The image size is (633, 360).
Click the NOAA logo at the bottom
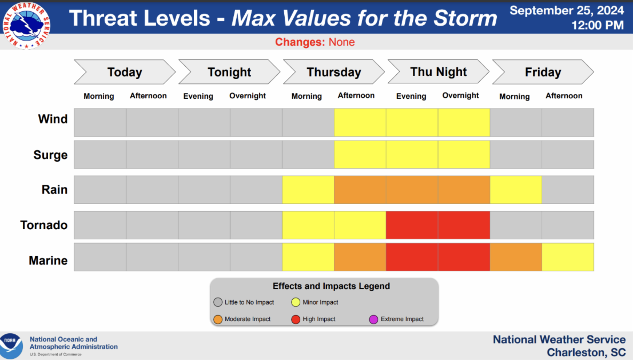(x=11, y=346)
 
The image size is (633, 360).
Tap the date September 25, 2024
(x=567, y=11)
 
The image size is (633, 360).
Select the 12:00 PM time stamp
(x=597, y=25)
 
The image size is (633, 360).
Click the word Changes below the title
(x=300, y=42)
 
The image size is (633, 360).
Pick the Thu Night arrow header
(x=438, y=72)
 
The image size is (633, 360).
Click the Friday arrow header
(x=542, y=72)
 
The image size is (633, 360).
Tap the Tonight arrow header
(x=229, y=72)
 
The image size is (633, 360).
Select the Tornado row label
(x=44, y=225)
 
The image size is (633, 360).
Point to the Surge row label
(x=50, y=155)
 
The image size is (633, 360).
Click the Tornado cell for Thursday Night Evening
(x=412, y=225)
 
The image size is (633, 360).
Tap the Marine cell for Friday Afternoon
(x=568, y=257)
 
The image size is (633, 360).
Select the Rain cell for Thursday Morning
(x=308, y=190)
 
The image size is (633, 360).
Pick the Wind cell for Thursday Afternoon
(x=360, y=122)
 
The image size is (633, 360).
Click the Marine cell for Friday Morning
(x=515, y=257)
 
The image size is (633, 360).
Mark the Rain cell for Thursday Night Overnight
(x=464, y=190)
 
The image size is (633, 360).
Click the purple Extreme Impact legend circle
(x=374, y=319)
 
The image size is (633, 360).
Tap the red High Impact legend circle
(x=296, y=319)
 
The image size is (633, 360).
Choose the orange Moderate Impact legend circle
(x=218, y=319)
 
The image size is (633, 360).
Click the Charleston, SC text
(x=586, y=353)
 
